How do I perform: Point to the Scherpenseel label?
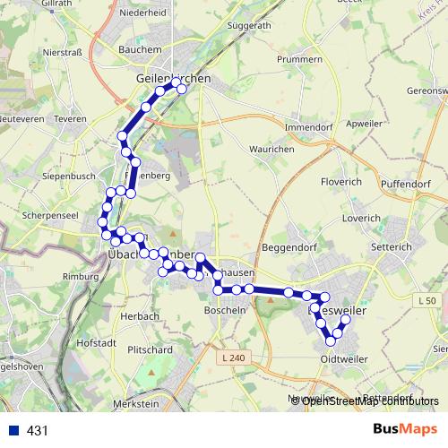pos(49,218)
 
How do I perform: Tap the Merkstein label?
pos(138,404)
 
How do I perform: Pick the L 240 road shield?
pos(231,358)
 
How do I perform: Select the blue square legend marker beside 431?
pos(13,430)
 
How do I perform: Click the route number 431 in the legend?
pos(38,430)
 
